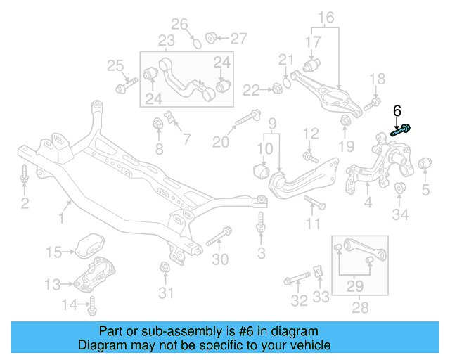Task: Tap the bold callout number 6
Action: pyautogui.click(x=397, y=110)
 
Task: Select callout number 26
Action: pyautogui.click(x=180, y=25)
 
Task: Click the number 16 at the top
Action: pyautogui.click(x=326, y=17)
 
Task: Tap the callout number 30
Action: pyautogui.click(x=220, y=259)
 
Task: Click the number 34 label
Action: pyautogui.click(x=400, y=214)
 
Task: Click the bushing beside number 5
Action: pyautogui.click(x=425, y=165)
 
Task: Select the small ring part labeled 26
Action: pyautogui.click(x=197, y=43)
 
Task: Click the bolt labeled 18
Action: pyautogui.click(x=371, y=105)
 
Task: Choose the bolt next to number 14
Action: pyautogui.click(x=92, y=305)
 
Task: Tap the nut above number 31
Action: pyautogui.click(x=165, y=267)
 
